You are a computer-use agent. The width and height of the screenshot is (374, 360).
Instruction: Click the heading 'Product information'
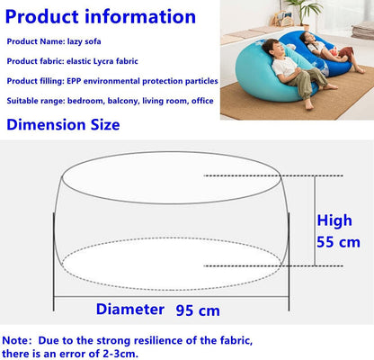click(x=102, y=16)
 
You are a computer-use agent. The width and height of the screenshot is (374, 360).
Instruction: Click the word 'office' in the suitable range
click(x=202, y=101)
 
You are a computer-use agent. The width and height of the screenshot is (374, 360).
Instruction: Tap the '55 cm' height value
click(x=337, y=241)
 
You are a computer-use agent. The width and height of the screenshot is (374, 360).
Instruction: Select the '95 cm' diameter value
click(x=196, y=310)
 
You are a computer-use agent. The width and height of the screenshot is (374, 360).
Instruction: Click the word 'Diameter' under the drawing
click(x=130, y=310)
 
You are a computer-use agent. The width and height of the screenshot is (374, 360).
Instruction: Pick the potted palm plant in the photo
click(x=304, y=11)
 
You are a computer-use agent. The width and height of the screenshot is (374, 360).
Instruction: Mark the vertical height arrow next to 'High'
click(x=315, y=220)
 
